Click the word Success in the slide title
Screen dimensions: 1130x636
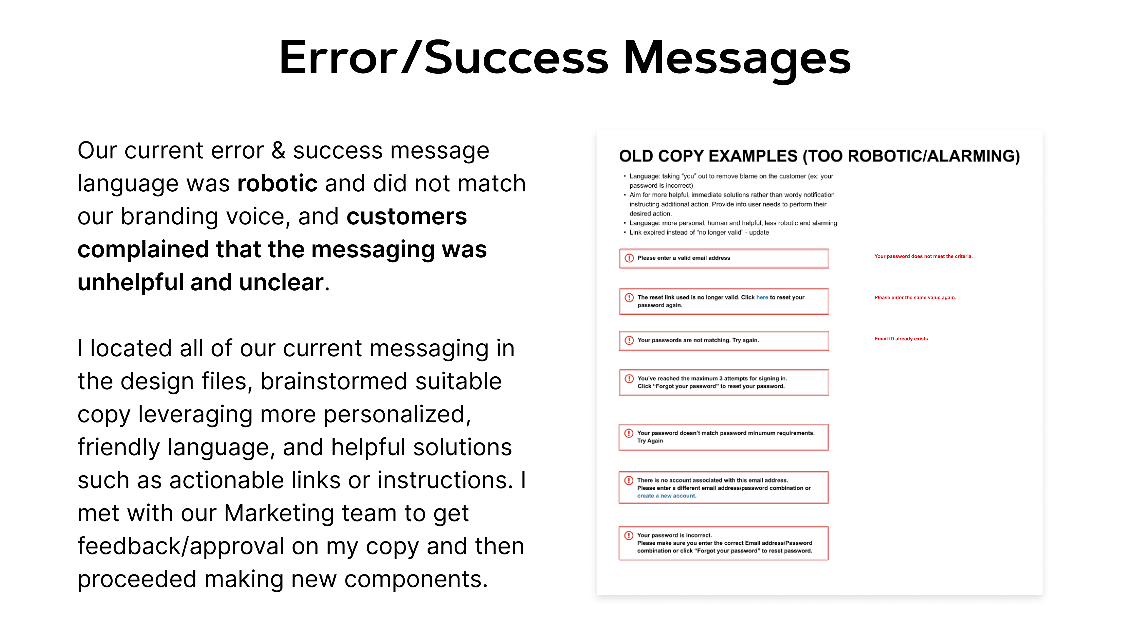point(516,57)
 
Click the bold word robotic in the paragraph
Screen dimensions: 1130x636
point(277,183)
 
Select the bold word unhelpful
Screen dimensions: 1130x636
point(131,282)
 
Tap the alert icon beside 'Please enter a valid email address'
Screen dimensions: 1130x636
point(629,258)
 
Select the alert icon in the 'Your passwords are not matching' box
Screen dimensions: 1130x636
point(629,340)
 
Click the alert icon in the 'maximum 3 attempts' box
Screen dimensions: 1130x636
point(629,378)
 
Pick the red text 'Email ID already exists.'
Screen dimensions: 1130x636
point(901,339)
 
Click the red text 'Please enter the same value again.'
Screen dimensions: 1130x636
point(915,298)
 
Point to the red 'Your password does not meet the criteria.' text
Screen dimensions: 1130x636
point(923,256)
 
